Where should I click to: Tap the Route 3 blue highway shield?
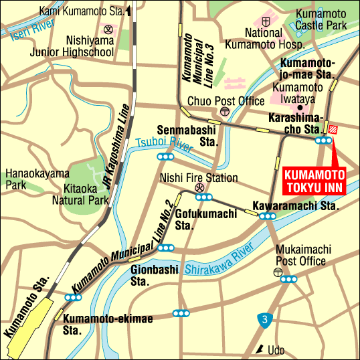266,321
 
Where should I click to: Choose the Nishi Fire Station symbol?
199,189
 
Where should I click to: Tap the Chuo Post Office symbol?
224,112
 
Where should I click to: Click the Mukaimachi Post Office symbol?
278,272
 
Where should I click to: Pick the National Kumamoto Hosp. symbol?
266,22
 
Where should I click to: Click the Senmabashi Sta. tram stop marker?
165,157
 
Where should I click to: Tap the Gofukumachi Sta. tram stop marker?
205,197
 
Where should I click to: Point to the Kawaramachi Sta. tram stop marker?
268,216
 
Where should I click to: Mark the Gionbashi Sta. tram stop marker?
165,248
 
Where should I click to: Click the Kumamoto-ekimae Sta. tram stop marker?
72,298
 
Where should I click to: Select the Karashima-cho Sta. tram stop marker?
325,141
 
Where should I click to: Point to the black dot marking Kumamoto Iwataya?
300,106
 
